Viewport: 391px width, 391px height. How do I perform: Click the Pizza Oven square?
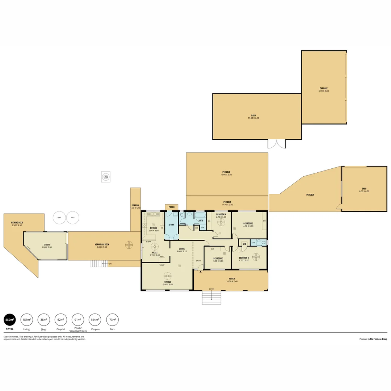click(106, 177)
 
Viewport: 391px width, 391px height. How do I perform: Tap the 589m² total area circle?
click(10, 320)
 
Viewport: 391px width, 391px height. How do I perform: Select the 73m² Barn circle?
click(112, 320)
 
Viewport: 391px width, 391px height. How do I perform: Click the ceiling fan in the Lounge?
click(167, 276)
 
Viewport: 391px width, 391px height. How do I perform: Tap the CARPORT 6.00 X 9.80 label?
click(324, 89)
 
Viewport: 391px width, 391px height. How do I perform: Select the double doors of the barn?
click(277, 144)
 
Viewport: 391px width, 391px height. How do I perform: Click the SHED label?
click(364, 190)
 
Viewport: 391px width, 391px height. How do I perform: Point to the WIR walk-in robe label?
click(245, 244)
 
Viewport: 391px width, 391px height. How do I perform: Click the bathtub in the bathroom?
click(200, 215)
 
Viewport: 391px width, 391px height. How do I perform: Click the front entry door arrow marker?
click(200, 271)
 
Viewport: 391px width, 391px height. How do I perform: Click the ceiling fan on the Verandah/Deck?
click(129, 245)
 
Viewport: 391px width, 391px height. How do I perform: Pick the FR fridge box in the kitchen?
click(162, 228)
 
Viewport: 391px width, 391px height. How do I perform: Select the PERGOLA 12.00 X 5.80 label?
click(227, 173)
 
